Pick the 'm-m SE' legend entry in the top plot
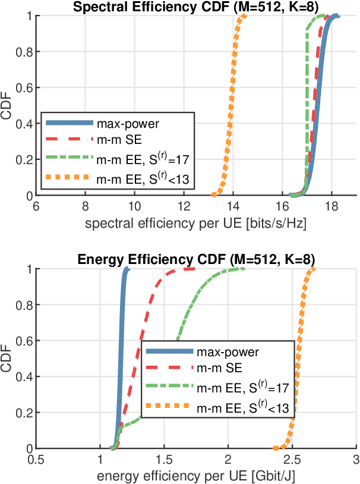pos(116,140)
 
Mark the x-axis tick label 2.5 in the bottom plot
pos(292,460)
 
